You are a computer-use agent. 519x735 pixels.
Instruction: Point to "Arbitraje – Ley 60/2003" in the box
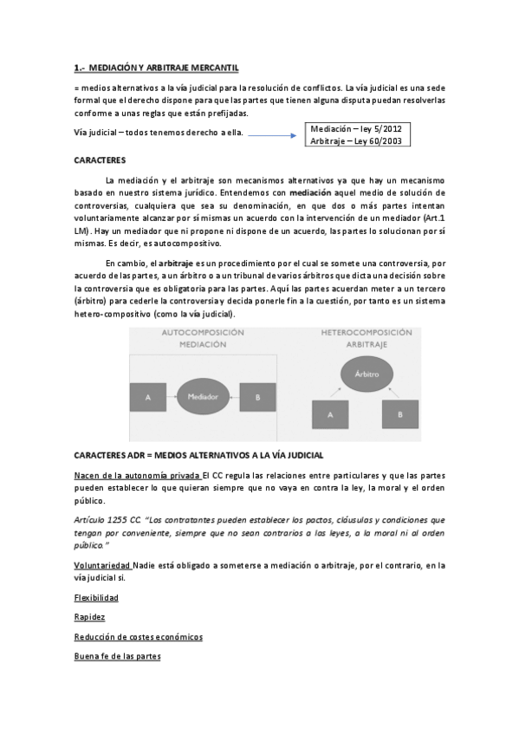(x=355, y=140)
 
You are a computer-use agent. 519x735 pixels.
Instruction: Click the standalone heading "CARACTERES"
(x=101, y=160)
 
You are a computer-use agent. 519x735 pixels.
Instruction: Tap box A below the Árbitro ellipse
(x=330, y=414)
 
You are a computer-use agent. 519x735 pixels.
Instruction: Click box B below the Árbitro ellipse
(x=400, y=414)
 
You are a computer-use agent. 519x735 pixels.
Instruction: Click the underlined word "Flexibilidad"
(x=96, y=598)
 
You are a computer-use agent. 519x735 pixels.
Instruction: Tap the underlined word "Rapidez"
(x=90, y=617)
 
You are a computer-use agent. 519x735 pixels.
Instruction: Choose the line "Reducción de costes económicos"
(x=139, y=636)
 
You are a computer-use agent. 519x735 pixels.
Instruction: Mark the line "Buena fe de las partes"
(x=118, y=656)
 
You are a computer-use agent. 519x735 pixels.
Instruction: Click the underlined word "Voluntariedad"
(x=104, y=565)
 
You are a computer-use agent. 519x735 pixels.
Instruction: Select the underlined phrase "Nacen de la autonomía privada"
(x=137, y=476)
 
